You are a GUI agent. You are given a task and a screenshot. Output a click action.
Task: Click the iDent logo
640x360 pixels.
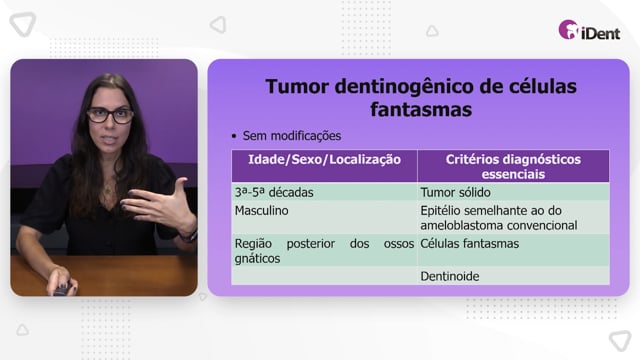click(x=589, y=30)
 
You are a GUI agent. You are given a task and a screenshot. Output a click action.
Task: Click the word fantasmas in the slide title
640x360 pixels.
click(x=421, y=109)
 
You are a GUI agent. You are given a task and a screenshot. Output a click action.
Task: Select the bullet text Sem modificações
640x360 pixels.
click(x=291, y=136)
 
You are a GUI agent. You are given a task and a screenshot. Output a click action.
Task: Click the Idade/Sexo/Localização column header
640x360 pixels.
click(x=324, y=160)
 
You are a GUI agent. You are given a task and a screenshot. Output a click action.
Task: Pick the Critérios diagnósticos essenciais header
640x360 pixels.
click(x=513, y=167)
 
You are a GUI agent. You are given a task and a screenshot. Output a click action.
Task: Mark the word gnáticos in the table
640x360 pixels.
click(x=257, y=259)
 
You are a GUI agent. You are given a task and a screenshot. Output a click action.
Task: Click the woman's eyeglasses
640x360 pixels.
click(x=110, y=115)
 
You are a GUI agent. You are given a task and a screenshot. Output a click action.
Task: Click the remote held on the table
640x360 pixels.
click(x=62, y=289)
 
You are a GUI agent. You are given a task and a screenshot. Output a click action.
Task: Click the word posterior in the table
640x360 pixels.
click(x=311, y=244)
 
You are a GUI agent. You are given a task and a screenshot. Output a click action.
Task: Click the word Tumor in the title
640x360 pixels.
click(x=297, y=87)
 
